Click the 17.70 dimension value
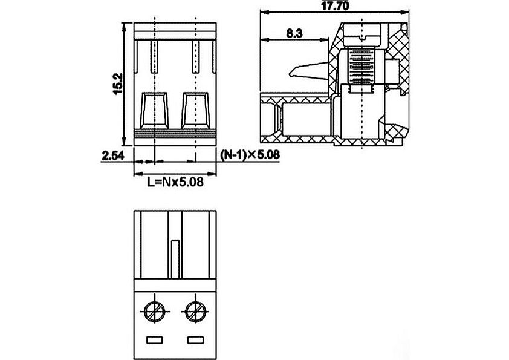(x=335, y=5)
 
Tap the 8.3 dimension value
(x=294, y=33)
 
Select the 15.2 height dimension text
(x=118, y=83)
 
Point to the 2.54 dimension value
(x=113, y=155)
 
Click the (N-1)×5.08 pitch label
(x=250, y=155)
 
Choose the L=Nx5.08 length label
(x=175, y=182)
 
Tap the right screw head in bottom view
(x=195, y=312)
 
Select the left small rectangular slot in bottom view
(x=155, y=340)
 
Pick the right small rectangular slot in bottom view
(x=196, y=340)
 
